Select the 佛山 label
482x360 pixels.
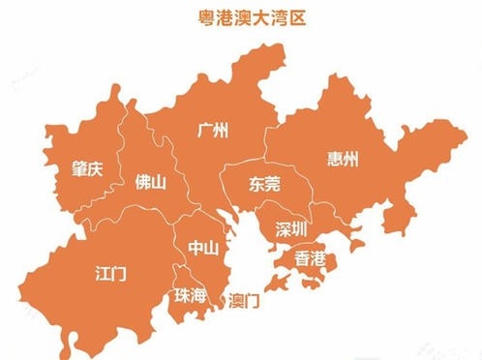151,181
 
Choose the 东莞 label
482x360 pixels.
263,183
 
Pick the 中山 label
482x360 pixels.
203,247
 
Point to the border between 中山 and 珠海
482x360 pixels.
198,274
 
